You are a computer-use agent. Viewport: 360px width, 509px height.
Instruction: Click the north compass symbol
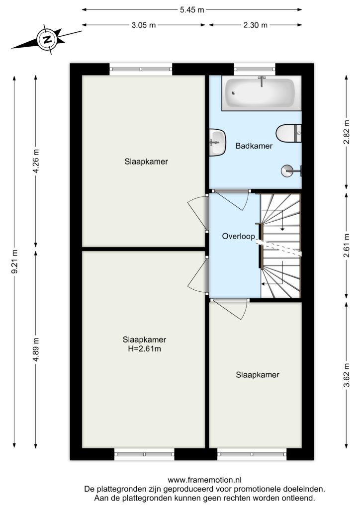click(47, 40)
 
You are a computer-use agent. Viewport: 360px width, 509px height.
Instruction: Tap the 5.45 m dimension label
click(192, 10)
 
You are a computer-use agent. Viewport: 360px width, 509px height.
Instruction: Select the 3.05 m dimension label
click(144, 25)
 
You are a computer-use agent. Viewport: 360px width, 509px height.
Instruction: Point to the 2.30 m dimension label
click(255, 25)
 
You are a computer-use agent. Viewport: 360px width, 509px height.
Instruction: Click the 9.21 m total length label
click(14, 261)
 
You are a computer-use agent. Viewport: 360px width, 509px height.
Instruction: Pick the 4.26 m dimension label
click(36, 161)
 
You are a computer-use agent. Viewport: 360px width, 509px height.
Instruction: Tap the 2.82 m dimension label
click(347, 132)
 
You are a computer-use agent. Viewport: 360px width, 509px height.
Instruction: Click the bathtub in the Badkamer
click(262, 93)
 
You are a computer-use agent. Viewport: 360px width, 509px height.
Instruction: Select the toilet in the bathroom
click(288, 133)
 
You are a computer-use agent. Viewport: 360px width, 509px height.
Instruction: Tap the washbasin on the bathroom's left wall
click(217, 143)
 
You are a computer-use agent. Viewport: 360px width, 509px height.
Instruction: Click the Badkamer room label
click(254, 146)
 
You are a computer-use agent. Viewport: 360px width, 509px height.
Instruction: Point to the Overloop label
click(238, 236)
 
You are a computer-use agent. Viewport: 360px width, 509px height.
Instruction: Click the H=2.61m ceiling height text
click(145, 349)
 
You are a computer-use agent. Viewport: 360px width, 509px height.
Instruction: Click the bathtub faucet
click(262, 81)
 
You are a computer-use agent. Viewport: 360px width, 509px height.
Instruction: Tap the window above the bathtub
click(255, 69)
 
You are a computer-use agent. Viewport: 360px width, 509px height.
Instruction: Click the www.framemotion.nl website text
click(204, 480)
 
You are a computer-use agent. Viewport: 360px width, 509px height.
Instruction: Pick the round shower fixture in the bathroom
click(287, 170)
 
